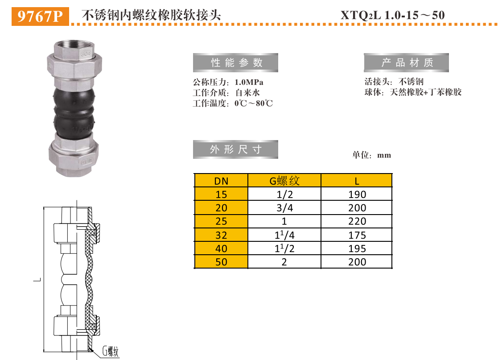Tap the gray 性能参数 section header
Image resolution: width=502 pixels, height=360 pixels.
(x=235, y=63)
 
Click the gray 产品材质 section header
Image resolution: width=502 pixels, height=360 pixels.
(x=406, y=63)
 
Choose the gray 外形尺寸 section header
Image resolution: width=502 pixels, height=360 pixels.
(x=235, y=149)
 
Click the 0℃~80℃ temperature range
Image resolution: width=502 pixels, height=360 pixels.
(x=254, y=103)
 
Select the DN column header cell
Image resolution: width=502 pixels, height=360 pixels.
(x=221, y=181)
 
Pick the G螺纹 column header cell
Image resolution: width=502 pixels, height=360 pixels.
(x=284, y=181)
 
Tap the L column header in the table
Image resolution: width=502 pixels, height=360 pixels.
(x=357, y=181)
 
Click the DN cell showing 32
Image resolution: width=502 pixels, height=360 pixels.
(x=221, y=235)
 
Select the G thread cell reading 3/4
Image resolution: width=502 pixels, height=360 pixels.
(x=284, y=208)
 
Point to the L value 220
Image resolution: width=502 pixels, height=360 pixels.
(x=357, y=221)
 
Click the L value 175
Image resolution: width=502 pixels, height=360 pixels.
(x=357, y=235)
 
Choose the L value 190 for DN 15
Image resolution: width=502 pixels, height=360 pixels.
(x=357, y=194)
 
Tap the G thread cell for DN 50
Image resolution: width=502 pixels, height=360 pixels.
(x=284, y=262)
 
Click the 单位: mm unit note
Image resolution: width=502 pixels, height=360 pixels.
(x=371, y=155)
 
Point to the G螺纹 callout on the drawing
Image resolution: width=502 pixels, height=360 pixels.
(x=111, y=351)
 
